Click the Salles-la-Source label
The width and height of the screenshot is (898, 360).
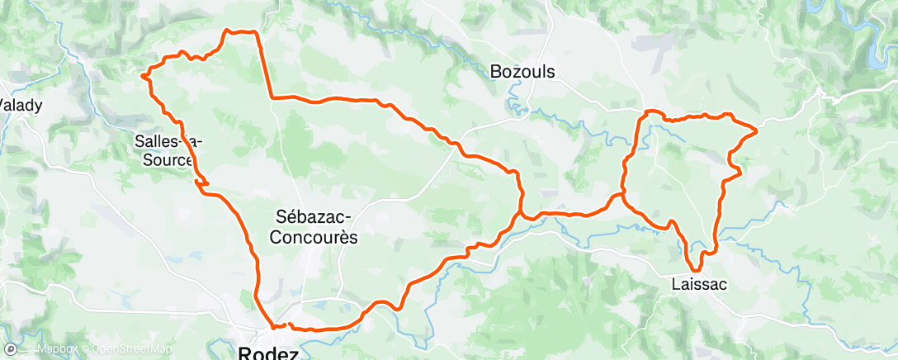point(168,149)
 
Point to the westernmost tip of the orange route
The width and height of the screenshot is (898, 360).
point(143,75)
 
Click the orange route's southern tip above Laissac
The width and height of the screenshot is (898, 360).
point(696,269)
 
